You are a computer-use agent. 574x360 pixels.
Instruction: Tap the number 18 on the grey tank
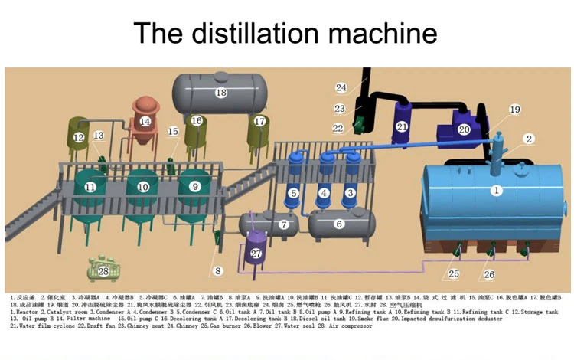[x=221, y=93]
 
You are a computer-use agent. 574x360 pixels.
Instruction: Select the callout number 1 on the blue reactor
[x=496, y=190]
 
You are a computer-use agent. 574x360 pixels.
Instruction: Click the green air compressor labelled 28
[x=103, y=270]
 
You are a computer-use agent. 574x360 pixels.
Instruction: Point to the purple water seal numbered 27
[x=256, y=254]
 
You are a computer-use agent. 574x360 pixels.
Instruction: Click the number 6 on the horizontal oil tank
[x=339, y=224]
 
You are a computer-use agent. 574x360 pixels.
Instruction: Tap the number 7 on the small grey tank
[x=283, y=225]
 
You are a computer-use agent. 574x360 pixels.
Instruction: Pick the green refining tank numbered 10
[x=142, y=188]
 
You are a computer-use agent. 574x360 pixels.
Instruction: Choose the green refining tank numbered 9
[x=194, y=186]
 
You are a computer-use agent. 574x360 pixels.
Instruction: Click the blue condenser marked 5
[x=293, y=194]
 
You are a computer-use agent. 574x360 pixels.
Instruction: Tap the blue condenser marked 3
[x=350, y=192]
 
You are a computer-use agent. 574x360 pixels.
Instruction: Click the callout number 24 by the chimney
[x=341, y=87]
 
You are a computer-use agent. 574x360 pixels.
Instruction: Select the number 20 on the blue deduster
[x=464, y=130]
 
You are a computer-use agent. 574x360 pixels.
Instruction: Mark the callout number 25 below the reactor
[x=454, y=273]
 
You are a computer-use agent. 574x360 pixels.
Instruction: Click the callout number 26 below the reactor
[x=488, y=274]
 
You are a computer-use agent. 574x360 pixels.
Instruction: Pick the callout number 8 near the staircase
[x=217, y=270]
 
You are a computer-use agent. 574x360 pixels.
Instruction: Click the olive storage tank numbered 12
[x=79, y=139]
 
